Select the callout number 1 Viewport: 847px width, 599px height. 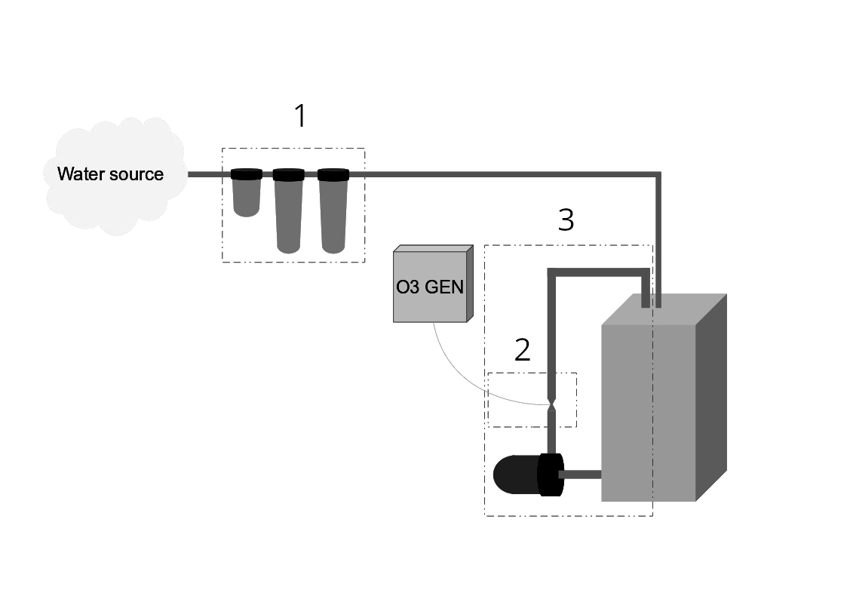(x=300, y=117)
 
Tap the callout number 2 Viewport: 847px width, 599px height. (x=522, y=350)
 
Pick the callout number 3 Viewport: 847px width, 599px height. (x=566, y=220)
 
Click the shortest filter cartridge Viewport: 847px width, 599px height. (x=247, y=198)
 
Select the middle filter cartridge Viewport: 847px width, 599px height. (x=288, y=215)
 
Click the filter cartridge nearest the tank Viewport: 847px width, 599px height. (x=333, y=215)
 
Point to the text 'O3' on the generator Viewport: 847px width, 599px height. (x=407, y=287)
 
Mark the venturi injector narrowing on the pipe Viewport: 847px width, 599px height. (x=552, y=405)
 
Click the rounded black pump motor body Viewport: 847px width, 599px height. (x=514, y=475)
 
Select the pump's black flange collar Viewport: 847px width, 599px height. (x=550, y=475)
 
